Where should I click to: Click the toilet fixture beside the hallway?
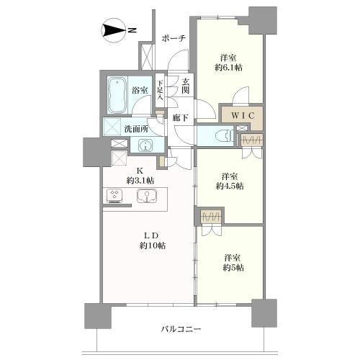point(219,135)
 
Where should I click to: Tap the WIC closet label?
point(240,114)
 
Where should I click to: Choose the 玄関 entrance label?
point(186,86)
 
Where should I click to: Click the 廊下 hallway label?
point(181,116)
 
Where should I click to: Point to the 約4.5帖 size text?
point(230,186)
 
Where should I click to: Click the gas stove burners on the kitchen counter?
point(115,195)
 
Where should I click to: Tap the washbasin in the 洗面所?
point(145,145)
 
